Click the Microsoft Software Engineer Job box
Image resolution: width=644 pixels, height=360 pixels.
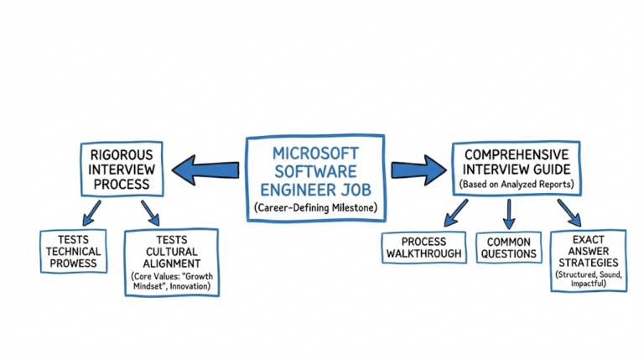coord(314,177)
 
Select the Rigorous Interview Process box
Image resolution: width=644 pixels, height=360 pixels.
coord(122,168)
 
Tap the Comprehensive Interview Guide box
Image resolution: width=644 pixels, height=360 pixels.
coord(517,168)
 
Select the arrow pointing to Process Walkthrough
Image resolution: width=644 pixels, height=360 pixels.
coord(455,212)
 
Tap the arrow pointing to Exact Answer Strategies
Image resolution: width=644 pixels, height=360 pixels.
coord(568,212)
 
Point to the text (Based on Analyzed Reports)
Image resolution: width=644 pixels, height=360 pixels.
coord(517,183)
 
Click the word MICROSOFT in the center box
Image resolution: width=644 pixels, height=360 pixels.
coord(315,154)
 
